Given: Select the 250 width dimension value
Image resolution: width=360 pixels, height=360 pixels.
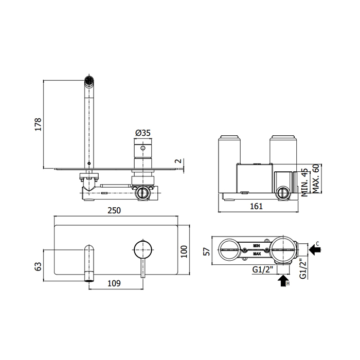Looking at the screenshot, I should click(116, 211).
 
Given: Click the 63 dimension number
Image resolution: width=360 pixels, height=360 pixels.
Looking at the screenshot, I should click(37, 266).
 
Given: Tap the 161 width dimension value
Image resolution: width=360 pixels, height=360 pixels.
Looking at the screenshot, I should click(256, 206).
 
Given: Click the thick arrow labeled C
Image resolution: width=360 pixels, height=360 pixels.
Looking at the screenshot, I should click(315, 250).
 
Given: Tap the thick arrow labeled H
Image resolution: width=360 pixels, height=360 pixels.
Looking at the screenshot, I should click(282, 281).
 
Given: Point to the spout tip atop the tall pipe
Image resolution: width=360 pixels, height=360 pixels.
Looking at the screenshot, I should click(89, 80).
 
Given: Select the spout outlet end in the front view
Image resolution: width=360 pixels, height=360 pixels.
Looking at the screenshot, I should click(89, 278).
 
